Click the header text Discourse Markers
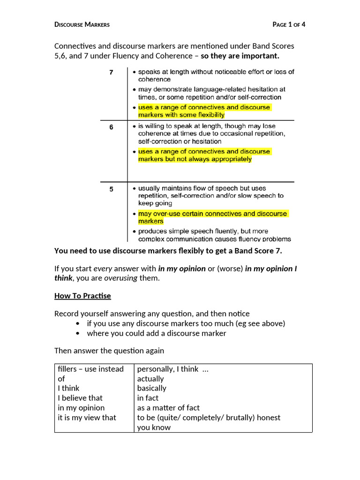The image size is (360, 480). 82,25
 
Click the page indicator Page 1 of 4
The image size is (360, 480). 289,25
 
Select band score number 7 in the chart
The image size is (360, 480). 111,72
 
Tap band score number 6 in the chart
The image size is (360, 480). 111,127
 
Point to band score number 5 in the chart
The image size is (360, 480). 111,189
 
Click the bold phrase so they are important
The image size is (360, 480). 240,56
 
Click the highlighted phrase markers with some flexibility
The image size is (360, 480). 181,115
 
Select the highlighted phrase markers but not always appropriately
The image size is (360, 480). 195,159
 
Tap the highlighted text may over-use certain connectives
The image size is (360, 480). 212,214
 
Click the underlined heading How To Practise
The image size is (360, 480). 82,296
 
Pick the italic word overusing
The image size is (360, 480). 120,278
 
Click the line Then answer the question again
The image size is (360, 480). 109,351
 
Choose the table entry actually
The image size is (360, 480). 150,379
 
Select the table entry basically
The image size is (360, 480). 151,388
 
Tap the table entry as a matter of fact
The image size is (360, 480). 168,408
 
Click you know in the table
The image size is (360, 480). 154,427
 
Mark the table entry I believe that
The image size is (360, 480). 80,398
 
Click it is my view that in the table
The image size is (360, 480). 87,417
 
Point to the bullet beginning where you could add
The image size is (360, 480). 156,333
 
